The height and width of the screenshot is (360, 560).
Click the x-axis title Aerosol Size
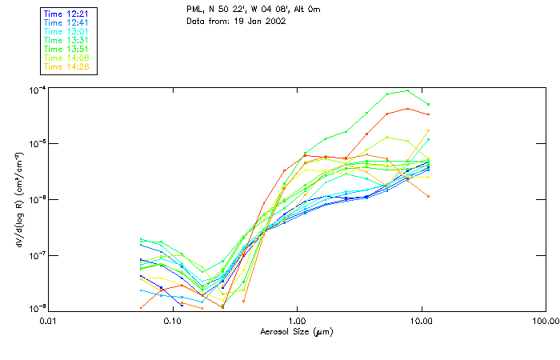coord(297,330)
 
